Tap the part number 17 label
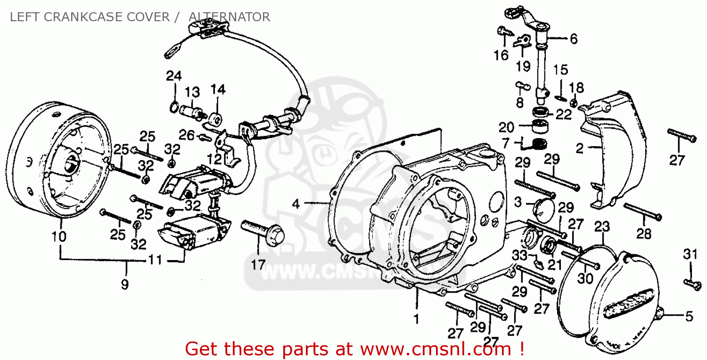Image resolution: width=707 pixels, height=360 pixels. tap(258, 265)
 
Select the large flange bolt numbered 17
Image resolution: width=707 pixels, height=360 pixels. tap(263, 230)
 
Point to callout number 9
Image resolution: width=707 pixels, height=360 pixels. tap(125, 285)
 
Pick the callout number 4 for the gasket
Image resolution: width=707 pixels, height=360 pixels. tap(296, 204)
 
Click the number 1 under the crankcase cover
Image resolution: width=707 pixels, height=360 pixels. tap(416, 319)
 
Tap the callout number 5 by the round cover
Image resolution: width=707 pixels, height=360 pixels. tap(690, 316)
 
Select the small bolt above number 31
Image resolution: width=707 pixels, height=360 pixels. tap(690, 283)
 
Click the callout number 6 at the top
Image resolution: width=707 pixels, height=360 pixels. tap(573, 39)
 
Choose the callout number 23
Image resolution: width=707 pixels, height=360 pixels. tap(602, 227)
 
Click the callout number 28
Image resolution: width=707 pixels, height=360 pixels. tap(644, 233)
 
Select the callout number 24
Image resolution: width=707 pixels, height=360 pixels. tap(173, 75)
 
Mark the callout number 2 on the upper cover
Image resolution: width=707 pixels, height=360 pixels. tap(579, 148)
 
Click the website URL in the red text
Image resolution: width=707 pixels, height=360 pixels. tap(436, 349)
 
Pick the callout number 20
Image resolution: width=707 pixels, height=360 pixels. tap(507, 127)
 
